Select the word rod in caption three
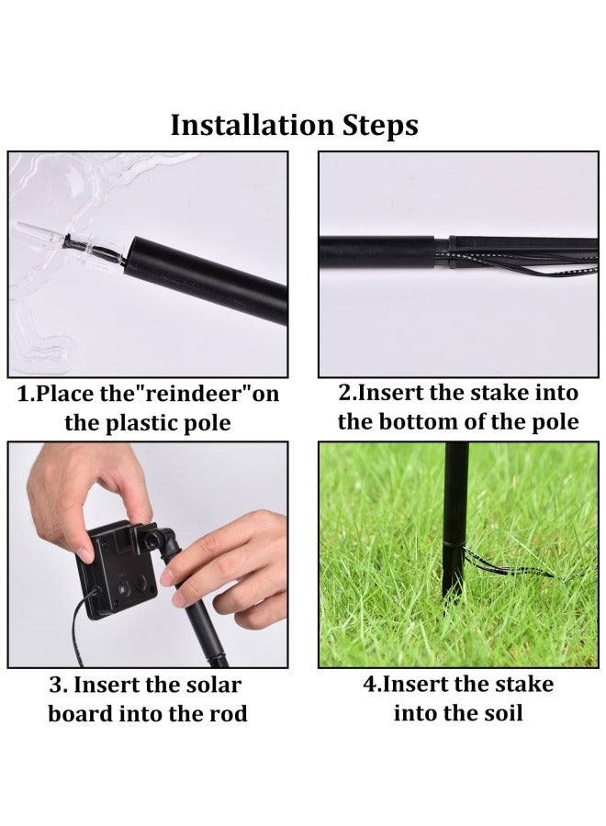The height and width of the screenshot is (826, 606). coord(228,713)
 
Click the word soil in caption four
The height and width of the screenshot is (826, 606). coord(496,713)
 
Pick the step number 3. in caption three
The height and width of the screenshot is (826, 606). coord(57,685)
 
